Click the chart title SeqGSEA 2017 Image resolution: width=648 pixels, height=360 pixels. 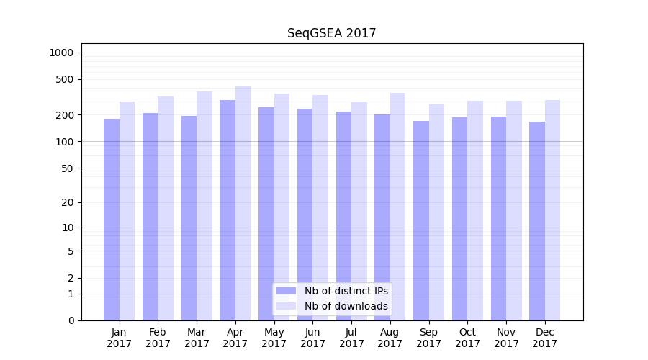point(331,33)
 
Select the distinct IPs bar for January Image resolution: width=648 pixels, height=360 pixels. point(112,220)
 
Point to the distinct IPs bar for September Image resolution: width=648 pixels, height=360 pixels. point(421,220)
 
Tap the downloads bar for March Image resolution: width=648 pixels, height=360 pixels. point(204,206)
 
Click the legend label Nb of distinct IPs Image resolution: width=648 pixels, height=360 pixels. point(346,291)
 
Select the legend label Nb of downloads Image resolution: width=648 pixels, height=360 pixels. point(346,306)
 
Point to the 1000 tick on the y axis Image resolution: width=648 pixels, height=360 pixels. point(61,53)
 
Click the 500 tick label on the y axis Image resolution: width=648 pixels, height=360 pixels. point(66,79)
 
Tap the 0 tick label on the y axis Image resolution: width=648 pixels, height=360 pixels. point(71,320)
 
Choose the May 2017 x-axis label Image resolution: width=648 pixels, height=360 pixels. point(274,338)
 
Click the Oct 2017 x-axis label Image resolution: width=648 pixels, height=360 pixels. point(467,338)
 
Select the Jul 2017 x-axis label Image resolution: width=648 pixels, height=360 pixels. point(351,338)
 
